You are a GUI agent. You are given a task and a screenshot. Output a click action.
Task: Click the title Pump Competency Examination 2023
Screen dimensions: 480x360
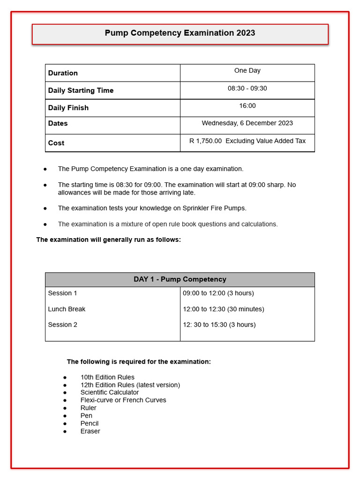click(180, 33)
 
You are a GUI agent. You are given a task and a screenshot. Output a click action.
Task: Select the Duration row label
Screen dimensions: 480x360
click(63, 73)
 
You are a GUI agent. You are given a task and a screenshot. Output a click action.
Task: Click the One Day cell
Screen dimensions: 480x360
click(247, 71)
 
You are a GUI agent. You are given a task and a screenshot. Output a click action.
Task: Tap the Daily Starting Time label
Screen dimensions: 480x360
click(81, 90)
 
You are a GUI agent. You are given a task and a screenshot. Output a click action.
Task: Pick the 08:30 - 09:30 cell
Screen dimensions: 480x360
click(247, 88)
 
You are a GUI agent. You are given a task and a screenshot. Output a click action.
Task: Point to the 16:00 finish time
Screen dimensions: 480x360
click(247, 106)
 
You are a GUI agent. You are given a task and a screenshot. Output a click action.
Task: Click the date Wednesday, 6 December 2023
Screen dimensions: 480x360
click(247, 123)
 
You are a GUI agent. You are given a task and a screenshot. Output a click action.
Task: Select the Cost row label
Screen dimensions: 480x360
click(56, 143)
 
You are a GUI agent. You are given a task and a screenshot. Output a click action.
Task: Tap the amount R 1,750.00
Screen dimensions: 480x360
click(206, 141)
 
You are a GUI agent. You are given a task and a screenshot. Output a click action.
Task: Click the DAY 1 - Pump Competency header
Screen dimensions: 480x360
click(180, 279)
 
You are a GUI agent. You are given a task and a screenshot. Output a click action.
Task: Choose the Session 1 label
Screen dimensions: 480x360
click(62, 293)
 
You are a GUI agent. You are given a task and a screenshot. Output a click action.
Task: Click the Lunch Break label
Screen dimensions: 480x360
click(67, 309)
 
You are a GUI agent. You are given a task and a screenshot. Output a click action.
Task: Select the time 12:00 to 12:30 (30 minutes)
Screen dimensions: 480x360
click(223, 309)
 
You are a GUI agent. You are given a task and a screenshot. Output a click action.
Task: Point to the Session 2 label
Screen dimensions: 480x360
click(62, 325)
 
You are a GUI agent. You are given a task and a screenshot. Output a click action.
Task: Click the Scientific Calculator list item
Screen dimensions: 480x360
click(109, 392)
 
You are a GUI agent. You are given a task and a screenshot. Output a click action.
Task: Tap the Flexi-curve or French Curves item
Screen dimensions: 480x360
click(123, 400)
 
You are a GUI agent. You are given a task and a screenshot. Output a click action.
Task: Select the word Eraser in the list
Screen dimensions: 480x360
click(90, 431)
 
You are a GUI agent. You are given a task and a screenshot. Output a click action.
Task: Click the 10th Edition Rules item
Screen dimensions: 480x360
click(107, 377)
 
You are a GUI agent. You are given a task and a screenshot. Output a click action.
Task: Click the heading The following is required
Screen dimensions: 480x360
click(139, 362)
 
